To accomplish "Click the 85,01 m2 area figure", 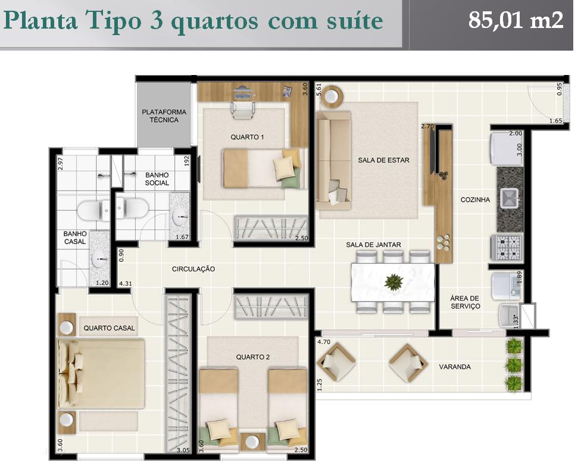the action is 516,20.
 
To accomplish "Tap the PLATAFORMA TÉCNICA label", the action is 164,116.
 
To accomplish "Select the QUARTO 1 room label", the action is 247,137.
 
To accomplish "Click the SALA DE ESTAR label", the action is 383,160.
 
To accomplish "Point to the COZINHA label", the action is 475,199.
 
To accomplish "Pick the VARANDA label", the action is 455,367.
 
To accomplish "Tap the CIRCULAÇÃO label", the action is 193,269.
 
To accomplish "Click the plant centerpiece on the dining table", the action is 393,282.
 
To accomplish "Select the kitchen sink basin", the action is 510,198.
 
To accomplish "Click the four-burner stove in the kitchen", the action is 507,247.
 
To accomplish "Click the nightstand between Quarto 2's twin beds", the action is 253,442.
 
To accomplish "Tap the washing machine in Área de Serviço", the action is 507,286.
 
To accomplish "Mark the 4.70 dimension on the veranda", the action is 324,342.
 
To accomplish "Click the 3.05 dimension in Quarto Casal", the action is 183,450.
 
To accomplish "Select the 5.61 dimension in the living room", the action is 318,90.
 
